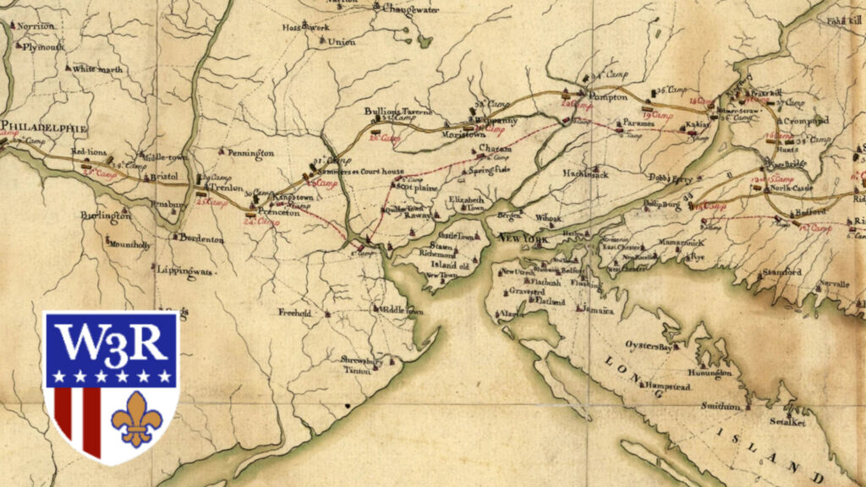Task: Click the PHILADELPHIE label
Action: (44, 128)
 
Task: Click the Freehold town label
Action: (295, 312)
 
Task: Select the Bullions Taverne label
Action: (398, 112)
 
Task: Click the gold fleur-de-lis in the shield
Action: (136, 417)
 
